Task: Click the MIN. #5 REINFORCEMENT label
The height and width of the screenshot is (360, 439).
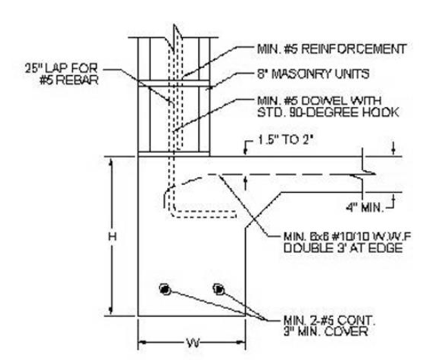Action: pos(331,49)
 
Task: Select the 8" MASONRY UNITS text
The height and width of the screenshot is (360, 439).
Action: pos(313,74)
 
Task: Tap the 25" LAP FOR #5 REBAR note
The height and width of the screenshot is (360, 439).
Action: pos(62,74)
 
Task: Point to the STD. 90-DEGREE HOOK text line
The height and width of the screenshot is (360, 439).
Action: pos(328,112)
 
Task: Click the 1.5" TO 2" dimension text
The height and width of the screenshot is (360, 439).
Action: pos(285,140)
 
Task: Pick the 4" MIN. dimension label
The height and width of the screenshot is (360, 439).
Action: pos(364,208)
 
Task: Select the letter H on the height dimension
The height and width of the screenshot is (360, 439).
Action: pos(113,237)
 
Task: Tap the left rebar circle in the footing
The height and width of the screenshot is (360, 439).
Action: pos(165,289)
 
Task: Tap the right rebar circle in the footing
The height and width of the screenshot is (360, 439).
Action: pos(218,289)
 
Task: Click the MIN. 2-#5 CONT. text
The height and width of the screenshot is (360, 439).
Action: pos(329,320)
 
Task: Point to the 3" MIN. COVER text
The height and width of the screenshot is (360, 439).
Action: pos(326,332)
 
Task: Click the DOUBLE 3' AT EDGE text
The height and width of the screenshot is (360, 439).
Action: pos(343,248)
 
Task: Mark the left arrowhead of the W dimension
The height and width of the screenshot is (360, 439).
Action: pos(143,342)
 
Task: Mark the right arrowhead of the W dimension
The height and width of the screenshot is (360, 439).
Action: pos(241,342)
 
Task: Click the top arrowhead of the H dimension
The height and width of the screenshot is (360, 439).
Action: pos(112,162)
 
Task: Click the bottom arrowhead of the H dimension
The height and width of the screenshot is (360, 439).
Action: pos(112,311)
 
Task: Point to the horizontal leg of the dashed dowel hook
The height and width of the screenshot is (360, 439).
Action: pos(205,214)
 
